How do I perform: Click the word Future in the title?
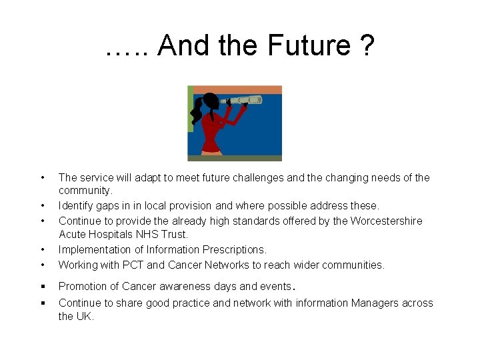click(308, 46)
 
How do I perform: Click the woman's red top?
click(213, 130)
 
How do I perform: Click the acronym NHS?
click(151, 235)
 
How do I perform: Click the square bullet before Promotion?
click(42, 287)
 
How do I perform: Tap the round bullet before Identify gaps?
click(42, 206)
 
